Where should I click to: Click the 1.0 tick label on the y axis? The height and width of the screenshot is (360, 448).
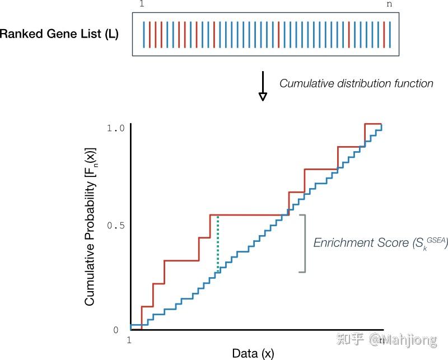pos(116,128)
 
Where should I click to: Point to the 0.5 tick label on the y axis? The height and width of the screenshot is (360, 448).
pos(116,226)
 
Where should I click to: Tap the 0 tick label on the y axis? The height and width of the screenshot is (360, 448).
pos(116,330)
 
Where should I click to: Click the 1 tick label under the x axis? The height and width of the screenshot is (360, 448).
pos(129,340)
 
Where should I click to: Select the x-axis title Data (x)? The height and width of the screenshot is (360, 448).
pos(253,353)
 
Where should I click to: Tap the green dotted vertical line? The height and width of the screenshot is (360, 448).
pos(218,244)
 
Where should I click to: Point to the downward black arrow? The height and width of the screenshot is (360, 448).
pos(263,86)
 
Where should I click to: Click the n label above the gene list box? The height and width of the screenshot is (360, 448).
pos(389,4)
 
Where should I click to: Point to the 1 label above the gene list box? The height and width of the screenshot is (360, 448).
pos(142,4)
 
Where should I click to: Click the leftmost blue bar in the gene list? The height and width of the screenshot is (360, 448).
pos(144,35)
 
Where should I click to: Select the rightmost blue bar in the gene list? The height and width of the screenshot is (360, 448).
pos(390,35)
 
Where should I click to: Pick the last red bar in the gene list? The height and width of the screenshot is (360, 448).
pos(384,35)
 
